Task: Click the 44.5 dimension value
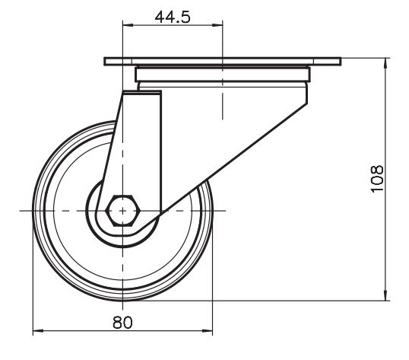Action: pyautogui.click(x=173, y=18)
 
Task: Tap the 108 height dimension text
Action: pyautogui.click(x=377, y=179)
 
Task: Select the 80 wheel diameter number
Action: pyautogui.click(x=122, y=322)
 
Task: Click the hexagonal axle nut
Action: pyautogui.click(x=123, y=210)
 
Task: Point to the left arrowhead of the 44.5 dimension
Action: pyautogui.click(x=128, y=25)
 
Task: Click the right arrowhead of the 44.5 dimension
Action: pyautogui.click(x=217, y=25)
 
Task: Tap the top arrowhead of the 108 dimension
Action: pyautogui.click(x=385, y=63)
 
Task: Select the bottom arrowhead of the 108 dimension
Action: pyautogui.click(x=385, y=295)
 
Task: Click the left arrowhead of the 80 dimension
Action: pyautogui.click(x=38, y=331)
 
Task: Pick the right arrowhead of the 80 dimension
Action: pyautogui.click(x=208, y=331)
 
